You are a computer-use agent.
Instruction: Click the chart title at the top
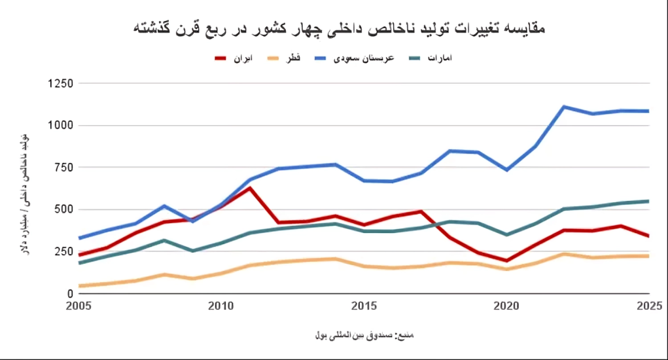(x=339, y=29)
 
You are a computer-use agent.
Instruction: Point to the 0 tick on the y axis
(x=68, y=294)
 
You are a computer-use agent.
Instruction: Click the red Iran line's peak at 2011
(x=249, y=189)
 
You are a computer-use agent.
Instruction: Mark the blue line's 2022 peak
(x=564, y=107)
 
